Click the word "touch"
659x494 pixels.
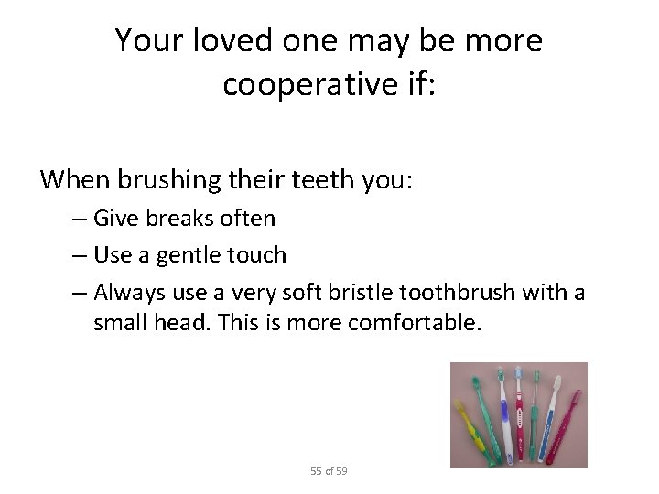coord(255,254)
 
